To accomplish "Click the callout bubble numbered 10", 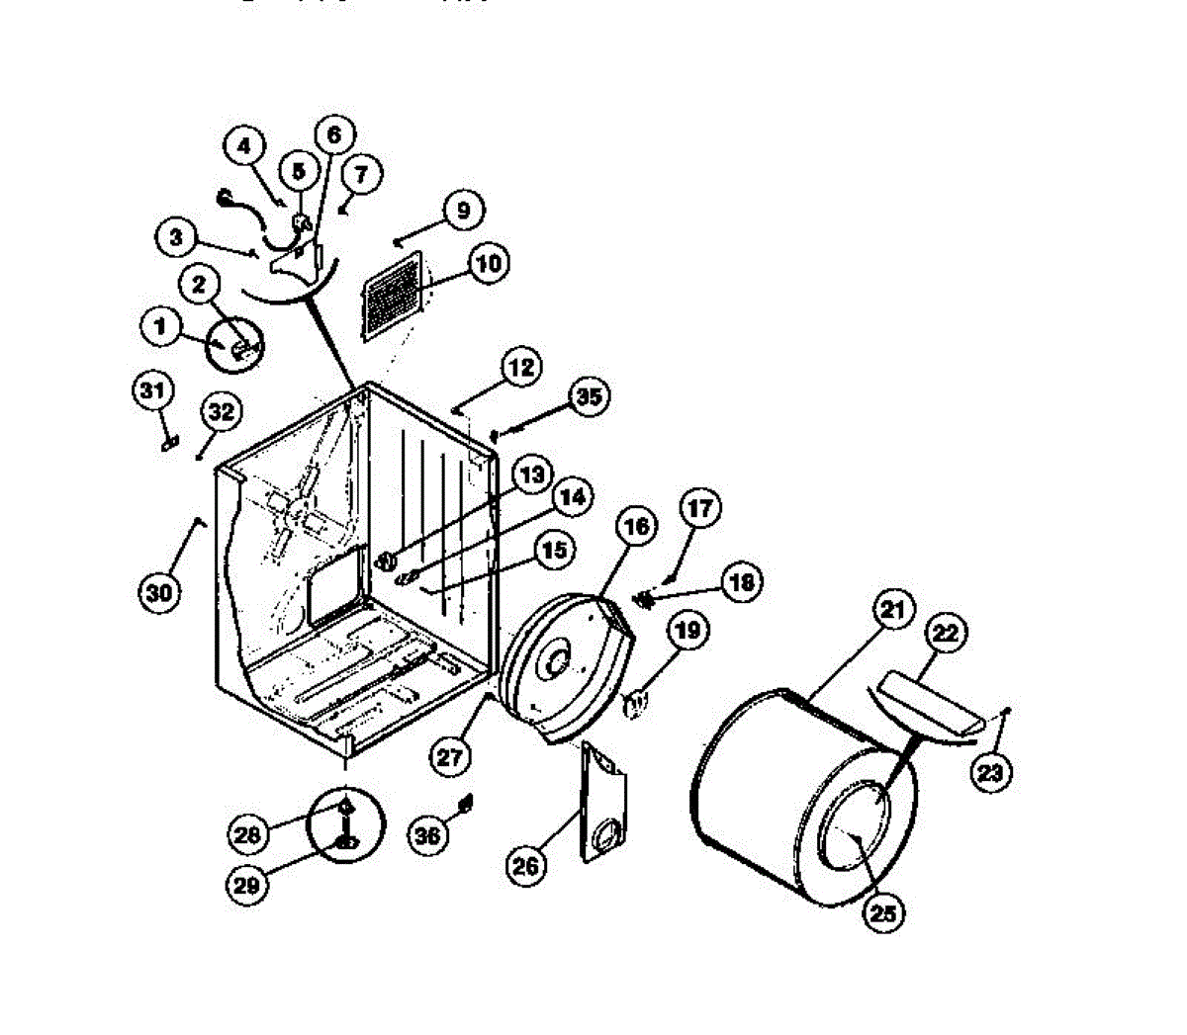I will [x=489, y=263].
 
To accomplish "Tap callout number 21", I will [x=892, y=612].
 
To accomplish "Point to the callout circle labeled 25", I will [x=883, y=914].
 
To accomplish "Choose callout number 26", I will [x=526, y=866].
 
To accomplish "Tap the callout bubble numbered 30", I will [x=159, y=592].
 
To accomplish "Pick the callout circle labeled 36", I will [x=427, y=835].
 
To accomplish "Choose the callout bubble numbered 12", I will [x=521, y=369].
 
